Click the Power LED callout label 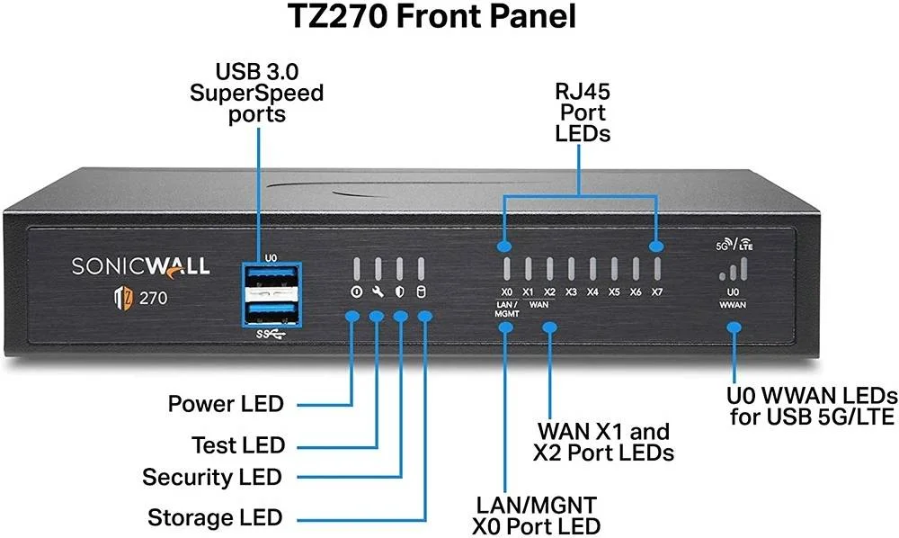click(x=226, y=403)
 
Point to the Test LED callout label click(x=238, y=444)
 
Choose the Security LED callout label click(x=212, y=477)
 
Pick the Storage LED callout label click(x=216, y=517)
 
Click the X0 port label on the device click(x=506, y=292)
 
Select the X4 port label click(x=592, y=292)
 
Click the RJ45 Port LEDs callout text click(x=581, y=113)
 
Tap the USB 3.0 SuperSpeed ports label click(x=256, y=92)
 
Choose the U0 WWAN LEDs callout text click(x=812, y=407)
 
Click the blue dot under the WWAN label click(x=734, y=327)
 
